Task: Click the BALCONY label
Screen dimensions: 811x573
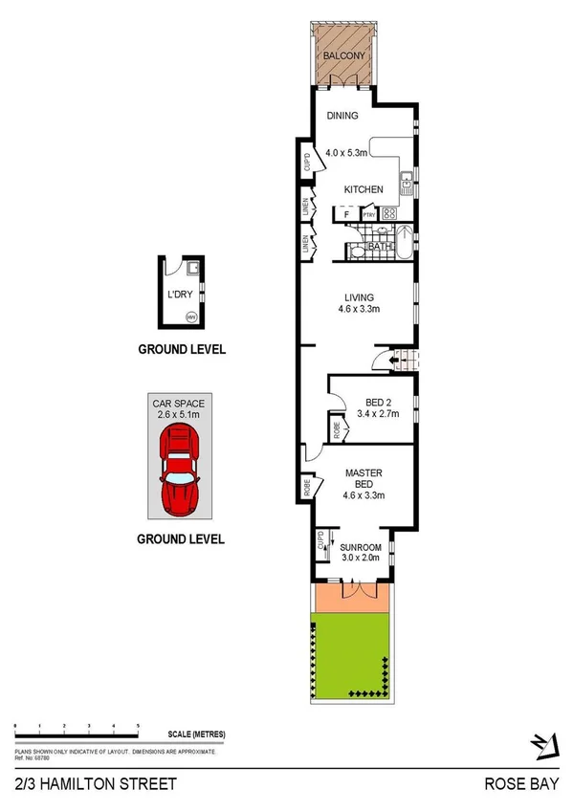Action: [342, 55]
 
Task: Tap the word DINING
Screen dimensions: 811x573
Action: [342, 116]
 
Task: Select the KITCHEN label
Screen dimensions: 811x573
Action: [364, 189]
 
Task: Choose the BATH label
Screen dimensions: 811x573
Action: [381, 249]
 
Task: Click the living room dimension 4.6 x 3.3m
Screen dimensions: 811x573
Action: [360, 309]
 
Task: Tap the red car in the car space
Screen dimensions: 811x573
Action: [180, 468]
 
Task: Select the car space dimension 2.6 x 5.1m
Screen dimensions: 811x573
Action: [180, 415]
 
